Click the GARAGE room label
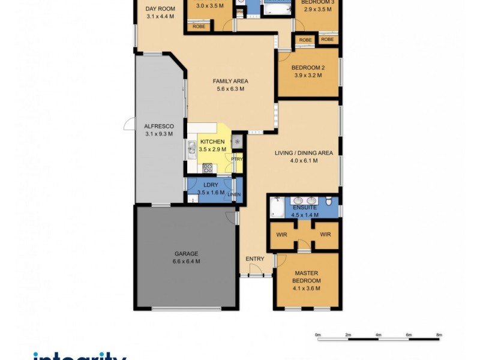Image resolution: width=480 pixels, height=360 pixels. coord(185,253)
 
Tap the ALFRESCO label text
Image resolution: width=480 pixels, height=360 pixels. coord(158,127)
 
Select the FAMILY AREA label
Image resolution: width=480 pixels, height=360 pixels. coord(230,82)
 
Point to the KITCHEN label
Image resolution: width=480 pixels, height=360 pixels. coord(212,142)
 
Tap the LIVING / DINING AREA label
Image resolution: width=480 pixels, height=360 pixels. coord(304,153)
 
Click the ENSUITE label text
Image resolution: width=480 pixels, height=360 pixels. coord(303,207)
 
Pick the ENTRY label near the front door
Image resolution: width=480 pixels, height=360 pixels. coord(254,259)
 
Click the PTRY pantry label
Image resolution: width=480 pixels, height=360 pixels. coord(238,159)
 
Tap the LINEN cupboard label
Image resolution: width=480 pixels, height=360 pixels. coord(234,194)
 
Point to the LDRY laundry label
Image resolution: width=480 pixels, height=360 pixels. coord(210,185)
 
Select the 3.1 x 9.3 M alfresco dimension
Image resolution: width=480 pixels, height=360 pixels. coord(158,134)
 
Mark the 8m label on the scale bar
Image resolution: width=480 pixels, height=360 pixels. coord(439,334)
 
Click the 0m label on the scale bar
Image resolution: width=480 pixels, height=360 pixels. coord(319,334)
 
